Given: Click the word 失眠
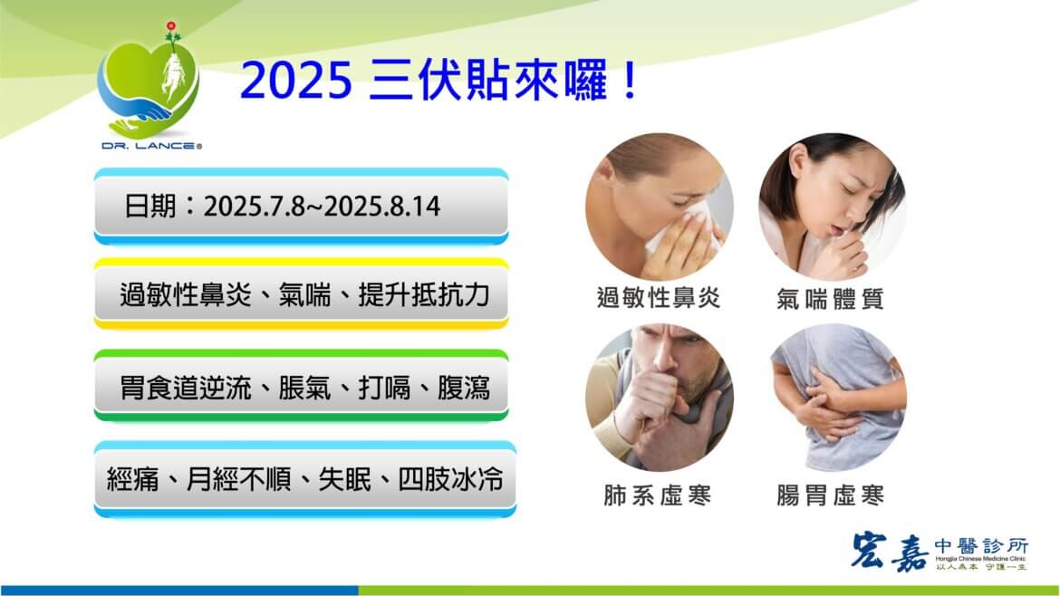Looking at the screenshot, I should click(343, 478).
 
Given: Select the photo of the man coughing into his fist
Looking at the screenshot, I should click(659, 399).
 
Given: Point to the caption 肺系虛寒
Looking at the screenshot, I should click(658, 495).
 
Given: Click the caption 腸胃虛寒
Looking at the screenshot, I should click(830, 495).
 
